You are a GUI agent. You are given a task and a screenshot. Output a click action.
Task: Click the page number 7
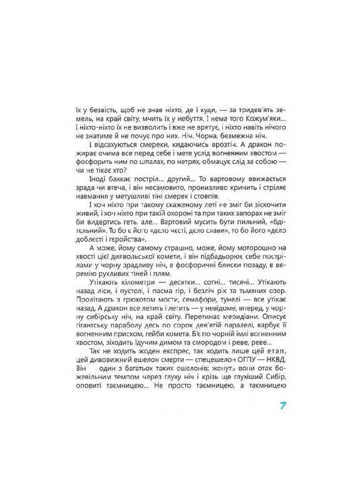284,406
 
